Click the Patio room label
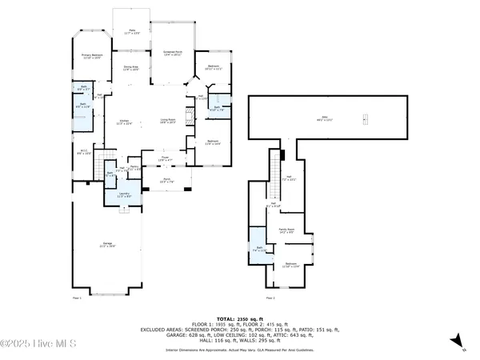tap(132, 32)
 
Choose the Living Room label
tap(166, 122)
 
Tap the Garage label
tap(106, 246)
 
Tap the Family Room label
tap(286, 230)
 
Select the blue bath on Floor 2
tap(258, 249)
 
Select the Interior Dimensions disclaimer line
tap(239, 349)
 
